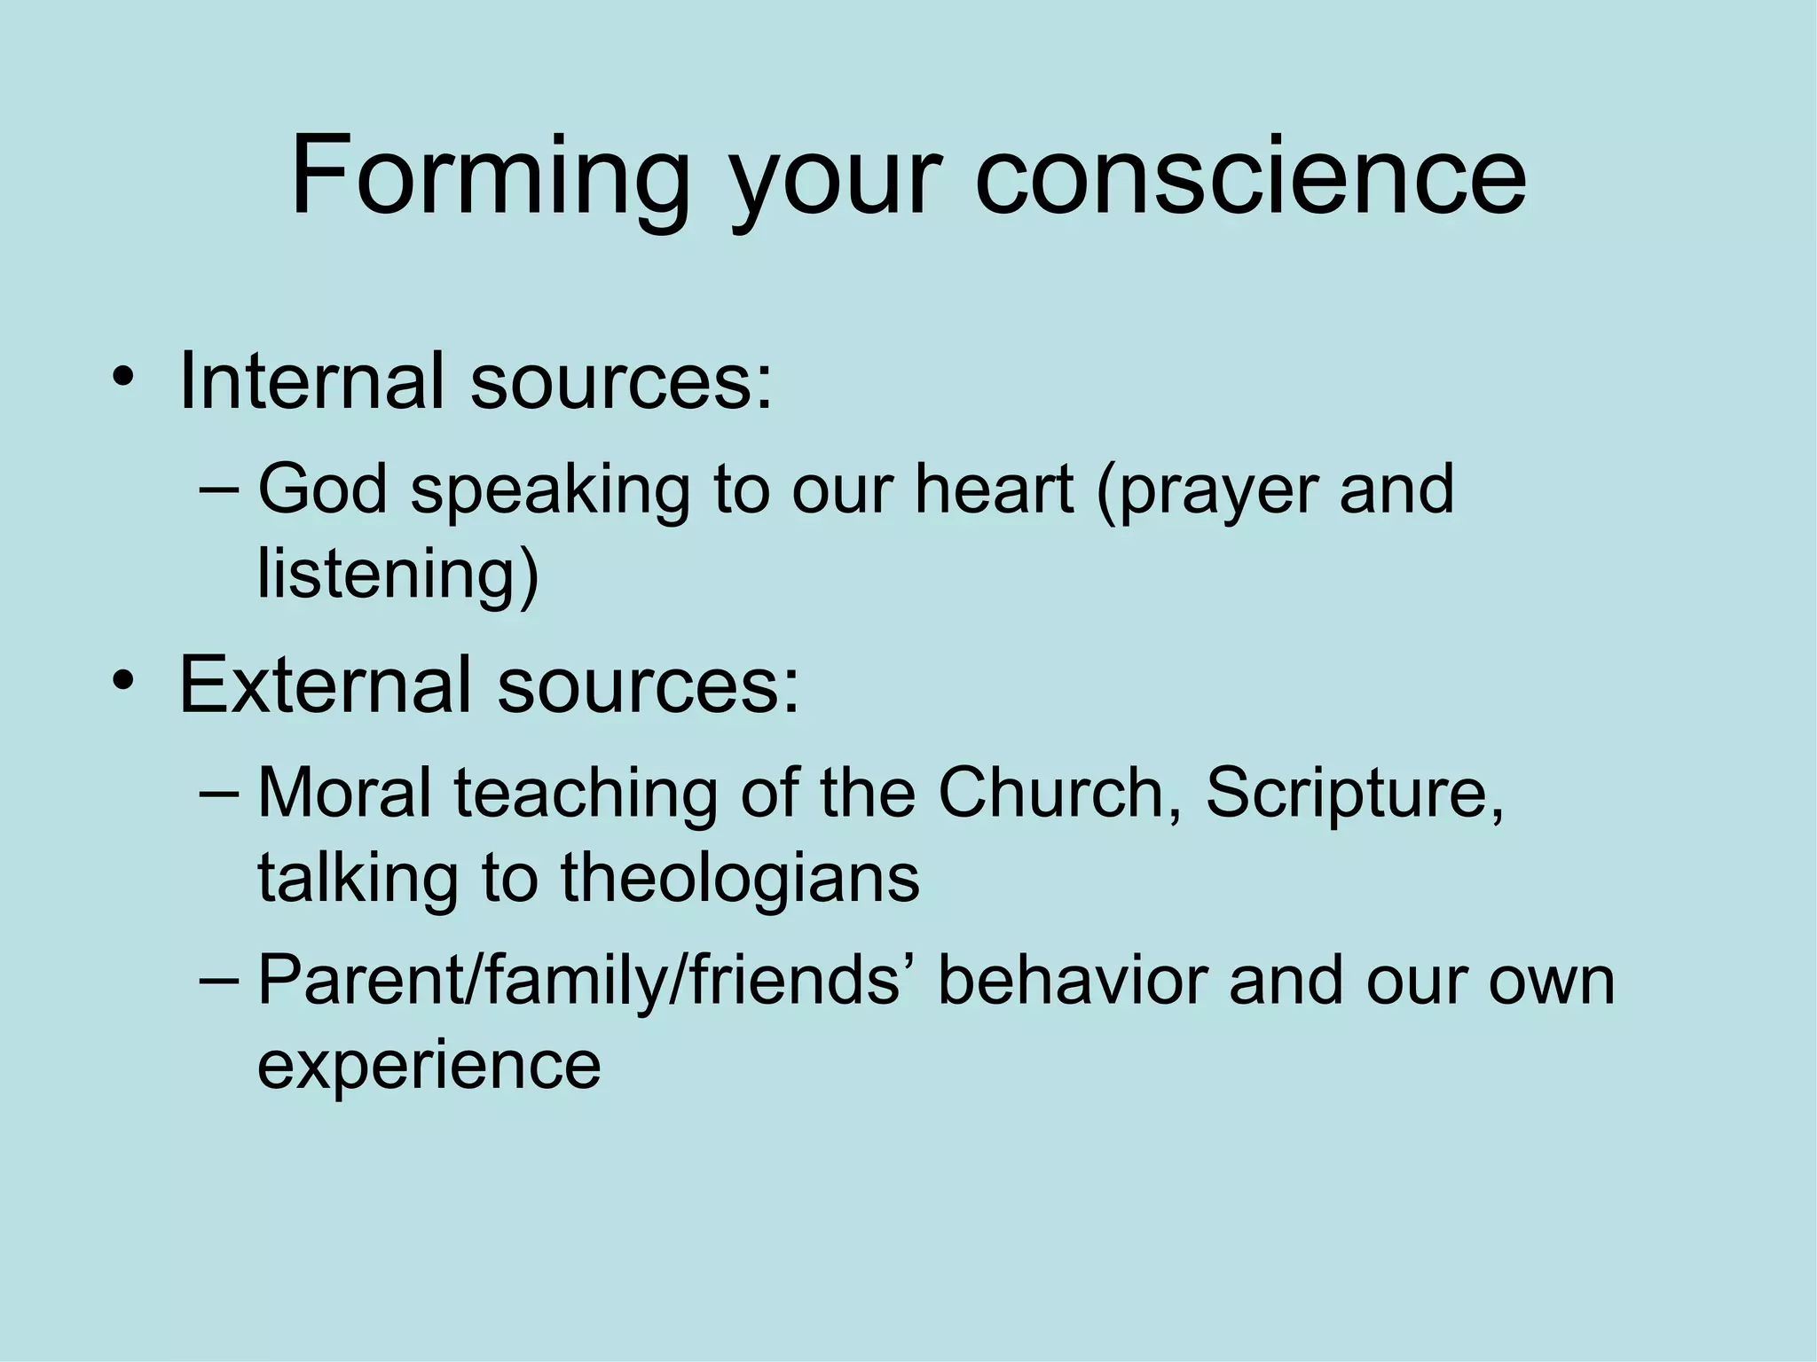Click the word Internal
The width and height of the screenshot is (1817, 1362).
pos(311,381)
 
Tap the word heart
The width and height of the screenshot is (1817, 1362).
pos(994,489)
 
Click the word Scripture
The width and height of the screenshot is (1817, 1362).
pos(1353,792)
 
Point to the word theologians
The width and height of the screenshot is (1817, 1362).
pos(740,877)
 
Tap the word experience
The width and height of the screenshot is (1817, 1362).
pos(429,1065)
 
